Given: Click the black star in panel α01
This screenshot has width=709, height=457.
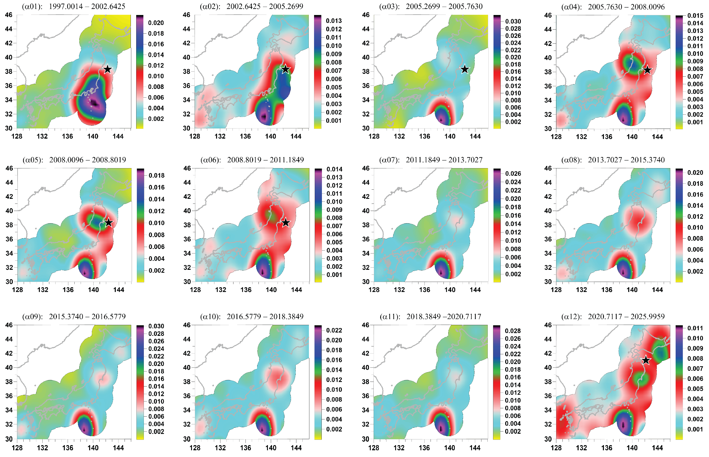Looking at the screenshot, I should coord(108,69).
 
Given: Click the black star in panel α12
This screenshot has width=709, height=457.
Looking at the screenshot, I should coord(646,360).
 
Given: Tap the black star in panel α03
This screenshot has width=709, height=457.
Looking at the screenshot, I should coord(465,69).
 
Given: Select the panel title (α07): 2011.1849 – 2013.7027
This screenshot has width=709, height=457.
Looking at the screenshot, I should coord(431,160).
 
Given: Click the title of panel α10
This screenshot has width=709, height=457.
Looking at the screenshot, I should coord(252,316).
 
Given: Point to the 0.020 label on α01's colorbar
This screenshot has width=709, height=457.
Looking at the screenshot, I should coord(156,23).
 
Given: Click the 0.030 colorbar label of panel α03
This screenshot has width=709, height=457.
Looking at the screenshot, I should coord(513,21).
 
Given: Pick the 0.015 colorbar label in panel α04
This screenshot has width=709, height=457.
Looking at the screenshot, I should coord(695,15).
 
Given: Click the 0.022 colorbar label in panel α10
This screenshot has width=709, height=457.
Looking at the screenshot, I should coord(334,330).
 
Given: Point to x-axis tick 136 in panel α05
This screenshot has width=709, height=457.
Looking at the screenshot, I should coord(68,290).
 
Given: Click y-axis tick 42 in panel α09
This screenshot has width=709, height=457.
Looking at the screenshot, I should coord(9,353).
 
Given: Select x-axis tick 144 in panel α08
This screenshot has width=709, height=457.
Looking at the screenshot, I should coord(657,290).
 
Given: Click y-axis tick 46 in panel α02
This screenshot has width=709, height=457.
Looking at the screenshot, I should coord(186,15).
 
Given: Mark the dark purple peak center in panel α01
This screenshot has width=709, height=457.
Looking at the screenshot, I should coord(94,103).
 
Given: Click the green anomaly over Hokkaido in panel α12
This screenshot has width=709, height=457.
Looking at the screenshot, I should coord(660,352).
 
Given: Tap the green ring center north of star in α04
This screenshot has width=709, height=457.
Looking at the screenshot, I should coord(632,63).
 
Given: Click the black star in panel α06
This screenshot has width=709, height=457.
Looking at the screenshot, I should coord(285,223).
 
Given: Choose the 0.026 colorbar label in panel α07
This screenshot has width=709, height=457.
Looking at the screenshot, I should coord(513,174).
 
